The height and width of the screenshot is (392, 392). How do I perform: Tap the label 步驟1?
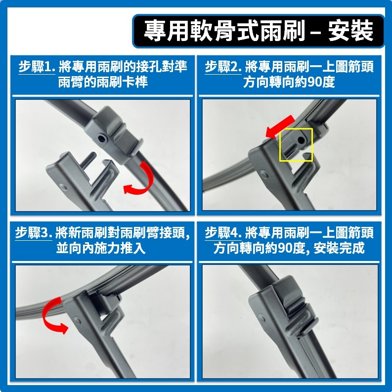tap(37, 66)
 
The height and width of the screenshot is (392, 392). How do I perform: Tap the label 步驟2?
tap(223, 66)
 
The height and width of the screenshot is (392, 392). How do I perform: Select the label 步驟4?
tap(223, 232)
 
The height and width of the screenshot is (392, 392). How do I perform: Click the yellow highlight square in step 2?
tap(296, 145)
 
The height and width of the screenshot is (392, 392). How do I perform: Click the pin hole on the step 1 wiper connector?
tap(102, 139)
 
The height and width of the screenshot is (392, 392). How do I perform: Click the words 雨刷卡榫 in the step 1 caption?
tap(126, 82)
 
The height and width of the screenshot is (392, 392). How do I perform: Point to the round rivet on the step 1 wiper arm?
tap(67, 186)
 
